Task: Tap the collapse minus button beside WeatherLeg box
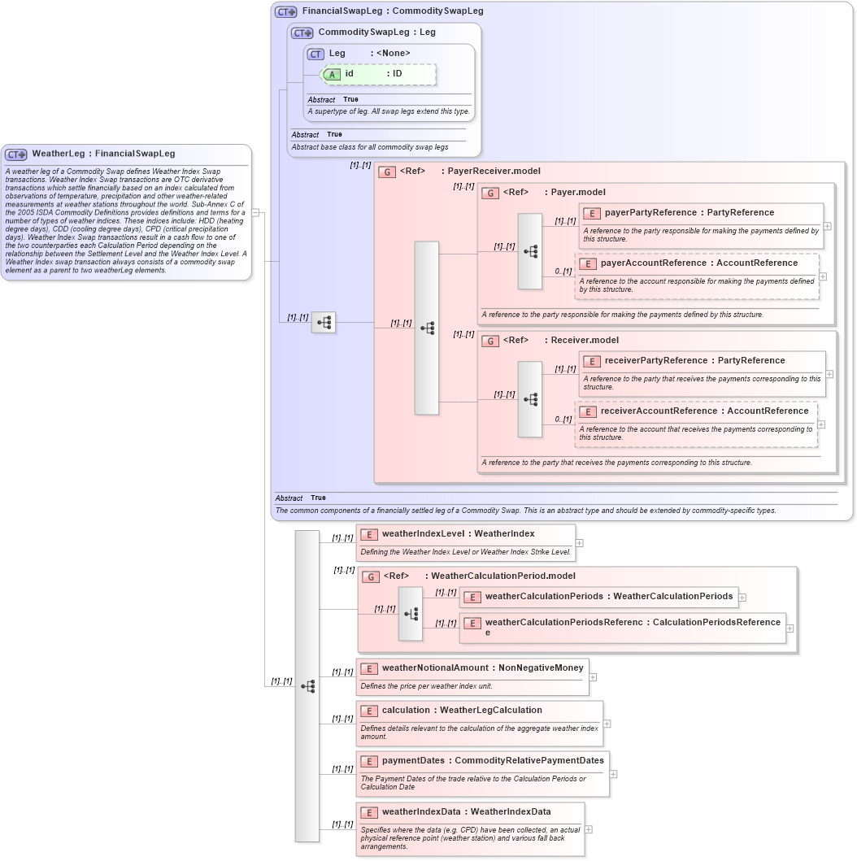click(255, 213)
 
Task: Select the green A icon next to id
click(332, 74)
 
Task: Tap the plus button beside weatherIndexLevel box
click(580, 542)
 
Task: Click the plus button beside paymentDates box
click(613, 774)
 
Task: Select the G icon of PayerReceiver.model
click(389, 172)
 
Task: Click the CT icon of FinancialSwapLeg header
click(285, 11)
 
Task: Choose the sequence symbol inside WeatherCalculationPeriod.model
click(411, 614)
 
